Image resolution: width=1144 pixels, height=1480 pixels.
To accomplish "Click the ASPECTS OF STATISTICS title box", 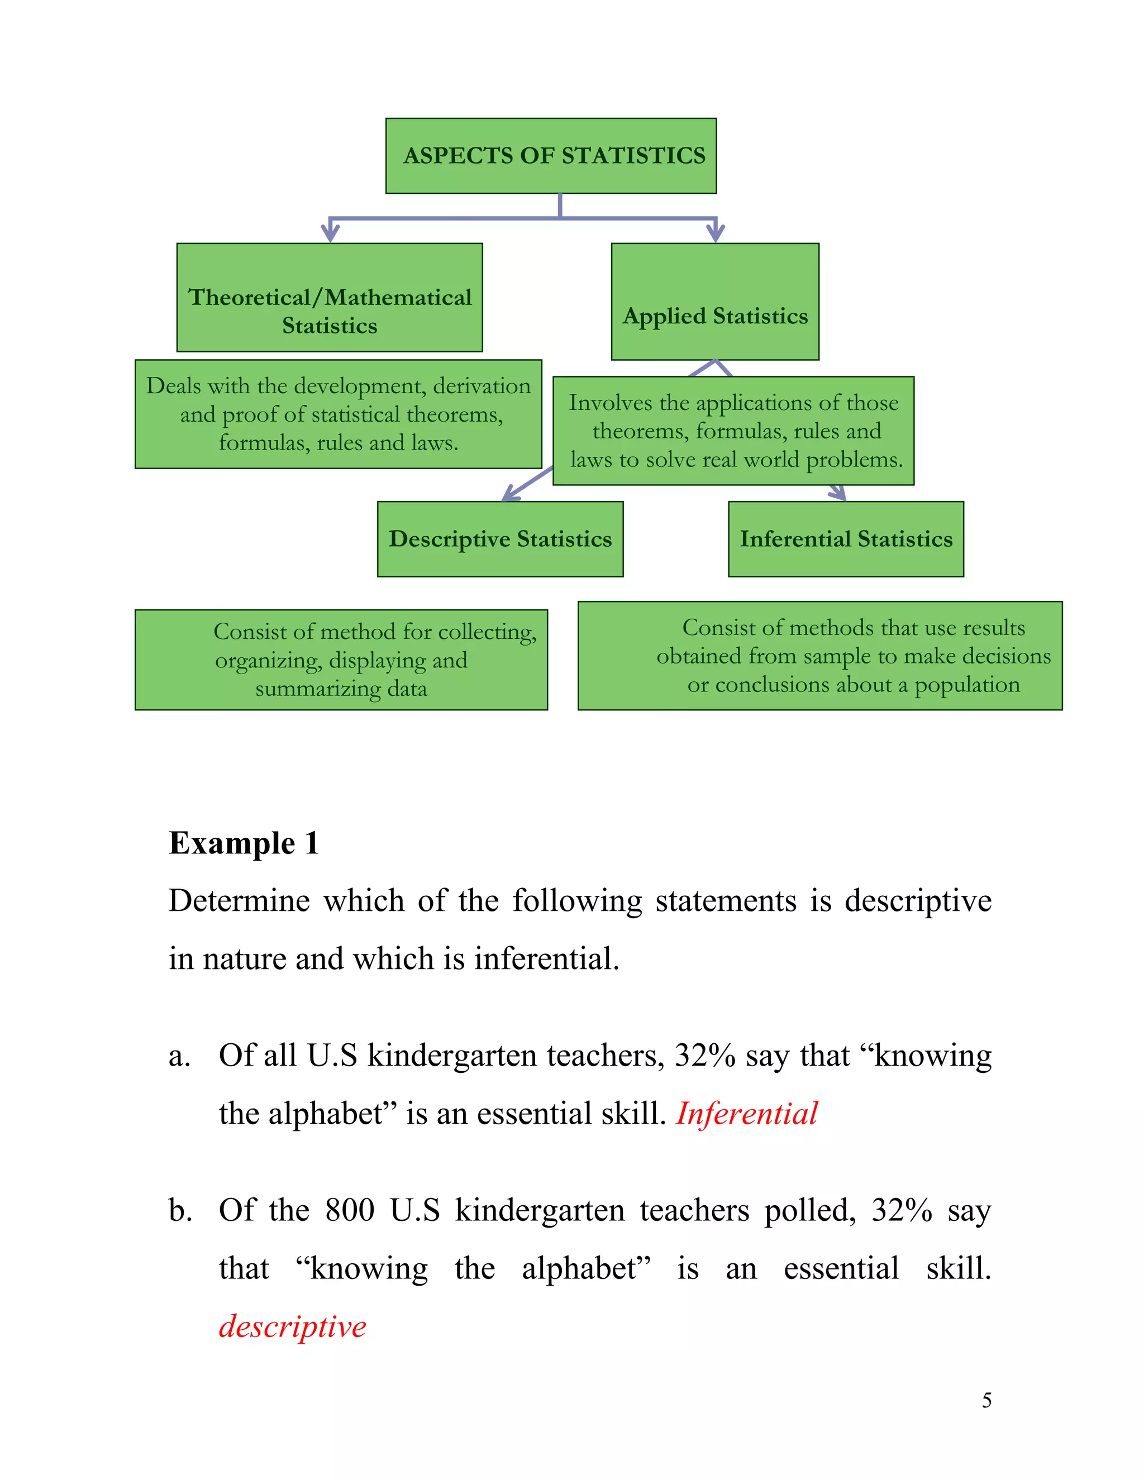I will tap(551, 156).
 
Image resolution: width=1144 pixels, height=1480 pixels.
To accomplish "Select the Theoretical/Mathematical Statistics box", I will tap(330, 298).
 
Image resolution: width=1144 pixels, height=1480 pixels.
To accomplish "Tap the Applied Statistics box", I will tap(715, 302).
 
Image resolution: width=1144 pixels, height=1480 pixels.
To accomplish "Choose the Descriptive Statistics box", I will tap(500, 539).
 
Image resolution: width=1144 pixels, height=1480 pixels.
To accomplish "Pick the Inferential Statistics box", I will tap(846, 539).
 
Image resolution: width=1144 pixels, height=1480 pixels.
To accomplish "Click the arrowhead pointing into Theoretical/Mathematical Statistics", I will tap(330, 232).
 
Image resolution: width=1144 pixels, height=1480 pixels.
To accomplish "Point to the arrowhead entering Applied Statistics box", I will tap(715, 232).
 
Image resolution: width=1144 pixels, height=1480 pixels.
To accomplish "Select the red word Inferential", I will tap(747, 1114).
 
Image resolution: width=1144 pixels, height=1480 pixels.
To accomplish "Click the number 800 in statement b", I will tap(350, 1210).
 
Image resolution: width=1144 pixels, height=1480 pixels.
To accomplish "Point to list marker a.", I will tap(179, 1056).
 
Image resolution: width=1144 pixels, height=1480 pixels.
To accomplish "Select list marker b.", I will tap(180, 1210).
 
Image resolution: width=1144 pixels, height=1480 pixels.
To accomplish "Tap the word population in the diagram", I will tap(967, 685).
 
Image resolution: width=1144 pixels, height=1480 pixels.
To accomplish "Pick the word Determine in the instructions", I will tap(239, 901).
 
